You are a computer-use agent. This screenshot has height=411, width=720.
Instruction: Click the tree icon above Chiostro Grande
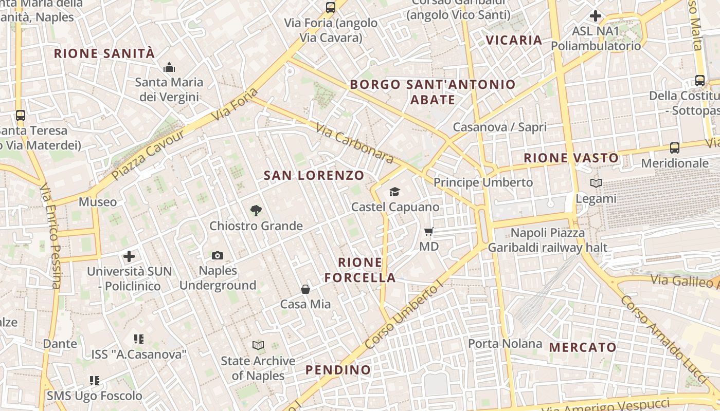[256, 210]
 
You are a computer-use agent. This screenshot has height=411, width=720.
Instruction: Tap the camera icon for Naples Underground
[218, 255]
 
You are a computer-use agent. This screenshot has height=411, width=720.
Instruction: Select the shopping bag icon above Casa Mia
[305, 289]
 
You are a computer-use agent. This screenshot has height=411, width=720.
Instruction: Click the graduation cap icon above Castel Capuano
[394, 192]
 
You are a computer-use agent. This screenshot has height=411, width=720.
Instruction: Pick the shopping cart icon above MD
[429, 231]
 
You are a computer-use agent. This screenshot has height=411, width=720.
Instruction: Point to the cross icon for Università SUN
[129, 256]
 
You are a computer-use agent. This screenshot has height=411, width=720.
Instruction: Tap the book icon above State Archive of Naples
[258, 345]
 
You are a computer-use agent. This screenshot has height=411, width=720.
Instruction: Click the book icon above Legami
[596, 183]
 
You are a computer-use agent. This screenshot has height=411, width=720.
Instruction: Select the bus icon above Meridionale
[675, 148]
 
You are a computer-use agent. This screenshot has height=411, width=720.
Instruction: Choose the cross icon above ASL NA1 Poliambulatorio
[596, 16]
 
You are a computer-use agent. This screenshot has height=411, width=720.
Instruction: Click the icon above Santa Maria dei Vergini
[169, 67]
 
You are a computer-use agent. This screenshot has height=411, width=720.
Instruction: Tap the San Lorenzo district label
[314, 176]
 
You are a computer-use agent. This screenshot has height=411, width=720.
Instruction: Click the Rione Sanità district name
[104, 53]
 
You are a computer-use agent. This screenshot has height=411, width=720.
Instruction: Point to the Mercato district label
[583, 348]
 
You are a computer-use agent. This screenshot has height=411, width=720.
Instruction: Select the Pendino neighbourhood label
[338, 370]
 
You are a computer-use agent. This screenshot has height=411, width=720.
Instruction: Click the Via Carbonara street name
[355, 144]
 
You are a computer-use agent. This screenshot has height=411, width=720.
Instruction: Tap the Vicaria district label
[514, 40]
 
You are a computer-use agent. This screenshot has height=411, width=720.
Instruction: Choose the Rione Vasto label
[571, 158]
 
